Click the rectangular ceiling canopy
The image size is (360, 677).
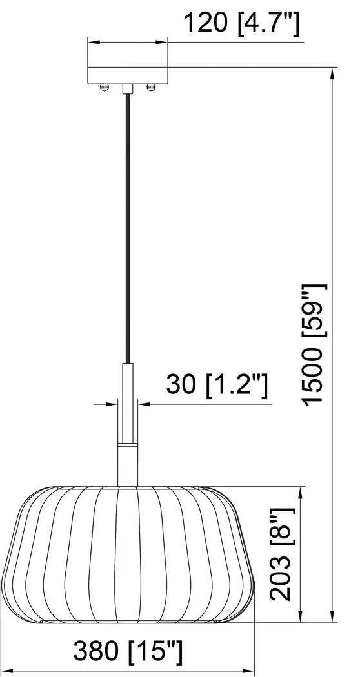pyautogui.click(x=128, y=75)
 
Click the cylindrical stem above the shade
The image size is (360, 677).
pyautogui.click(x=128, y=426)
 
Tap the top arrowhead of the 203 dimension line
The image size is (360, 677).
pyautogui.click(x=301, y=492)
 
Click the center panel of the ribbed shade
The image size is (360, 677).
pyautogui.click(x=128, y=554)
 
